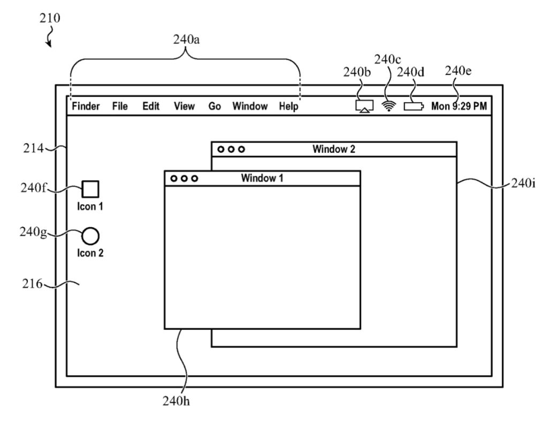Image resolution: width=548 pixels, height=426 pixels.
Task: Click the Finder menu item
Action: pos(86,106)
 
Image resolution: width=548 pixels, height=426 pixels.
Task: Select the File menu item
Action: pos(120,106)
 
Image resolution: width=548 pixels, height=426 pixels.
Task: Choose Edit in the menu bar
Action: pos(151,106)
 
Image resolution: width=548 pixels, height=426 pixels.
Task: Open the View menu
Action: pos(184,106)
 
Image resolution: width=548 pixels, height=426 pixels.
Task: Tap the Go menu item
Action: pos(215,106)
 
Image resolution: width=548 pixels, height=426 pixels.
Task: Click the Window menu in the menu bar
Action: pos(250,106)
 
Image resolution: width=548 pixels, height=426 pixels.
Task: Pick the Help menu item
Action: pos(288,106)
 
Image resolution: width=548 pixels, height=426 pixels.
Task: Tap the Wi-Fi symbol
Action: pos(389,106)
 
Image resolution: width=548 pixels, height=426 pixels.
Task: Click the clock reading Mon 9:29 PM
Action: pos(459,106)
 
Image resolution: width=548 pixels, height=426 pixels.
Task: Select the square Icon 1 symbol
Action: pos(90,189)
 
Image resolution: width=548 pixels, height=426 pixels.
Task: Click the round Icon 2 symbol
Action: pos(90,236)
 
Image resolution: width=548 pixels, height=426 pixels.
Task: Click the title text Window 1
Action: pos(262,178)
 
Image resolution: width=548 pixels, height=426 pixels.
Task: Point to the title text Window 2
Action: pos(333,149)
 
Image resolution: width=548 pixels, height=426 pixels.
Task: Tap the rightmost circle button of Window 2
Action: pos(242,149)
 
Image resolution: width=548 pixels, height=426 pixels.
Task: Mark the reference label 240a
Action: pos(186,39)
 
